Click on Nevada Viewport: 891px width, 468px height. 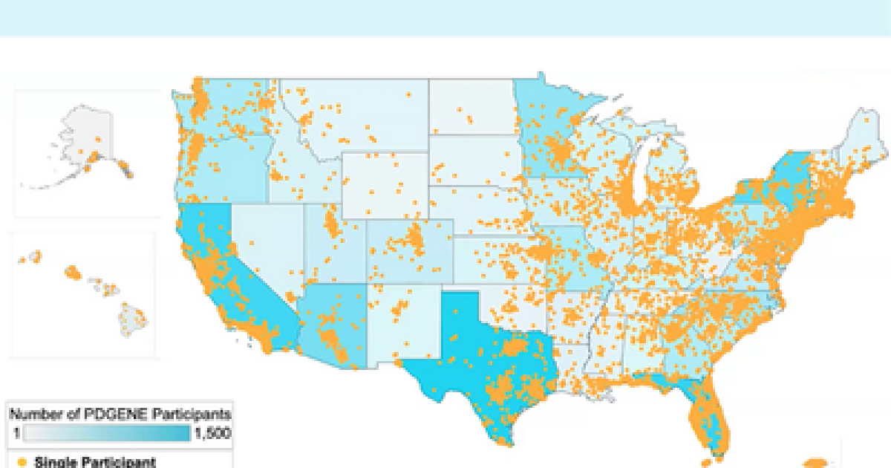tap(264, 245)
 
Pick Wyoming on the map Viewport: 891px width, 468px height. tap(382, 182)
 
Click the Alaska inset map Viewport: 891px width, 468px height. tap(88, 152)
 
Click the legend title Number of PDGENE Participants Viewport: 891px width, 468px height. tap(119, 414)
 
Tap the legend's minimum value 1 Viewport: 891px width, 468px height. tap(16, 433)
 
